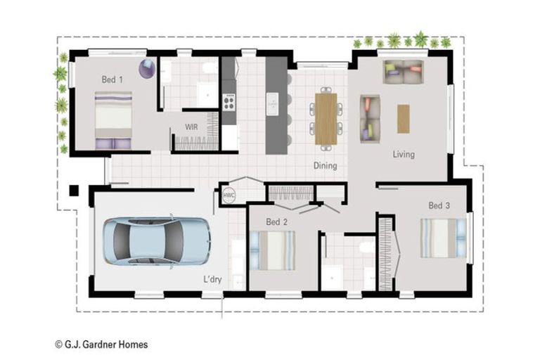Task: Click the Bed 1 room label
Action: coord(112,79)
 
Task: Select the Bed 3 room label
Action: coord(439,205)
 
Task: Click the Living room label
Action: coord(404,154)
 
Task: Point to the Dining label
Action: coord(325,166)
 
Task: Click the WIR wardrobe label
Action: coord(191,127)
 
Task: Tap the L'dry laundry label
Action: coord(213,279)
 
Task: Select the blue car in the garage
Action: coord(157,240)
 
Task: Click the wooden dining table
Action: coord(326,118)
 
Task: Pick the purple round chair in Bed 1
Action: coord(148,68)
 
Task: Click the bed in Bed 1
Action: coord(113,120)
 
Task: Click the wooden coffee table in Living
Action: coord(403,118)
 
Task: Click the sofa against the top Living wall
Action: coord(404,70)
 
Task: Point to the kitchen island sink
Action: coord(273,105)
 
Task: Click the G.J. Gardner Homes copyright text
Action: coord(101,345)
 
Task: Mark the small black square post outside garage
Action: coord(73,190)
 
